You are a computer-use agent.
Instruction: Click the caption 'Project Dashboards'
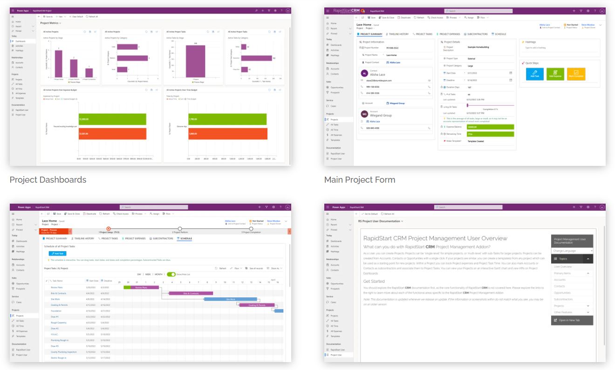pyautogui.click(x=48, y=179)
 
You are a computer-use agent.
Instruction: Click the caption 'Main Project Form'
pyautogui.click(x=360, y=179)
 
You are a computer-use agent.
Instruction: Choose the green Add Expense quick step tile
pyautogui.click(x=555, y=74)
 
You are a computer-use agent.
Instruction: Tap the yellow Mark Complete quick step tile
pyautogui.click(x=576, y=74)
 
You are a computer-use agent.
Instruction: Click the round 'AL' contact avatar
pyautogui.click(x=364, y=73)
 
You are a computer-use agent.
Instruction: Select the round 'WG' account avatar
pyautogui.click(x=364, y=114)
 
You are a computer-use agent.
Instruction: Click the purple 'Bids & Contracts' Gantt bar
pyautogui.click(x=191, y=293)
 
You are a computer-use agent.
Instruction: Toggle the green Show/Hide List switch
pyautogui.click(x=171, y=274)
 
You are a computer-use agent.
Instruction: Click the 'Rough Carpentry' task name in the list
pyautogui.click(x=59, y=322)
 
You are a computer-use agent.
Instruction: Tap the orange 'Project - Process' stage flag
pyautogui.click(x=55, y=231)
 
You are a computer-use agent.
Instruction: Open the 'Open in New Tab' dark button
pyautogui.click(x=572, y=320)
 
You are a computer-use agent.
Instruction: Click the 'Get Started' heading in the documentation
pyautogui.click(x=374, y=281)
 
